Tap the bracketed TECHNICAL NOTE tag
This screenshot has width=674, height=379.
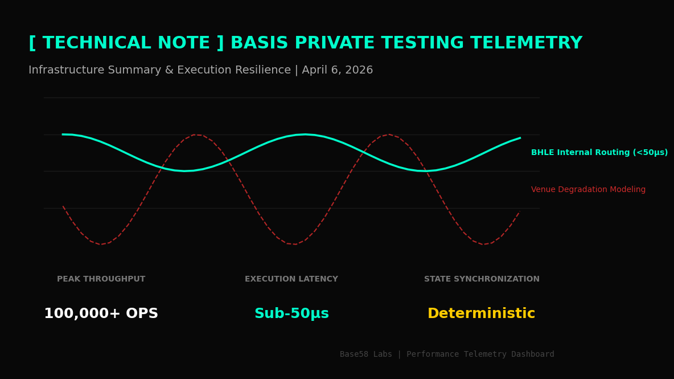(126, 43)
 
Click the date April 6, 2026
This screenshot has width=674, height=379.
(337, 70)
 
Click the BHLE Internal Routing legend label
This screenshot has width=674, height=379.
(599, 153)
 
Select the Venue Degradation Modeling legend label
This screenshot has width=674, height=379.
(588, 190)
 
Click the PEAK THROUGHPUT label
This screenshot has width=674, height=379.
(101, 279)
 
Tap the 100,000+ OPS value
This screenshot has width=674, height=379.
(101, 314)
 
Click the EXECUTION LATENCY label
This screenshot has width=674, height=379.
(291, 279)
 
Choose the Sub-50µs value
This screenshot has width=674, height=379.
(291, 314)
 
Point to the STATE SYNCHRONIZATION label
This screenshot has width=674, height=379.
(482, 279)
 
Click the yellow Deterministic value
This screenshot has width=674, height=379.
(481, 314)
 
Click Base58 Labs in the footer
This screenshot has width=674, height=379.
(365, 354)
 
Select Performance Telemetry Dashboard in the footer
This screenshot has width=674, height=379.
(480, 354)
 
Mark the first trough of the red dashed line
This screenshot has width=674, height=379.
(101, 244)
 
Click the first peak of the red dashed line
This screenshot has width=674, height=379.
(196, 135)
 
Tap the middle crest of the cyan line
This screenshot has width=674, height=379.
(305, 135)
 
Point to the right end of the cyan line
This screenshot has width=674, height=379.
(519, 138)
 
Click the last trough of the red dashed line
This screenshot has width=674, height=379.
(484, 244)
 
